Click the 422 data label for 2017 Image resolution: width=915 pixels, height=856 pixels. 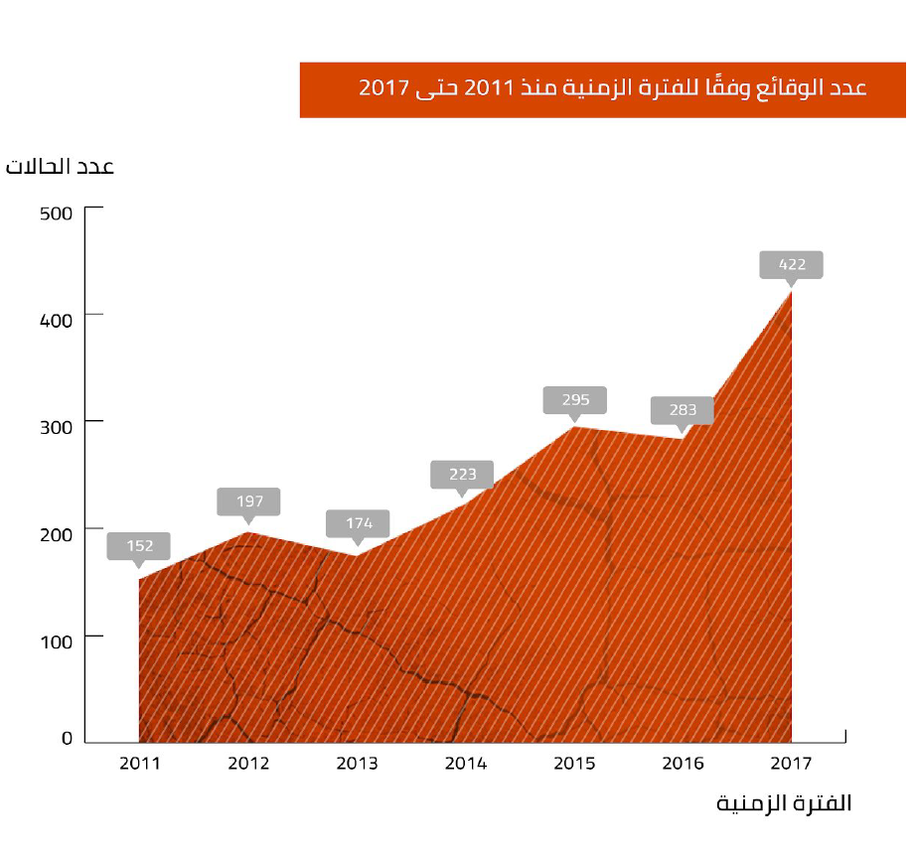[x=792, y=265]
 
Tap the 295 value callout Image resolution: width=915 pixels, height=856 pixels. [x=575, y=400]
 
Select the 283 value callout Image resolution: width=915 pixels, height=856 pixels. [x=683, y=409]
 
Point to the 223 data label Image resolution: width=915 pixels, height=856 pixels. [x=462, y=474]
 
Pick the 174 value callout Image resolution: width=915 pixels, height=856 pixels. [x=358, y=522]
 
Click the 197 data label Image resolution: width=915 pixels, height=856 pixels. [x=248, y=501]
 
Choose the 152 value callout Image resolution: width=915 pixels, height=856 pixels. [x=139, y=545]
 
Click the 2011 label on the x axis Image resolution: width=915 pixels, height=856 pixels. [x=139, y=764]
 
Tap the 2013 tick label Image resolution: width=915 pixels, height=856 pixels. [x=357, y=764]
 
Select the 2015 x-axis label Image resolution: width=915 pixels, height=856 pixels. [x=574, y=764]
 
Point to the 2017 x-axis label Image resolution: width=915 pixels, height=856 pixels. [x=792, y=764]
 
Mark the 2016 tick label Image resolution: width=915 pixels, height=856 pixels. [x=683, y=764]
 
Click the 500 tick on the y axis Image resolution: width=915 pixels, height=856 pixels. [x=56, y=212]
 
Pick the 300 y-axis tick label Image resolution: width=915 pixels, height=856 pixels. [x=56, y=426]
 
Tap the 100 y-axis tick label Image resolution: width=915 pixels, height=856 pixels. [x=56, y=641]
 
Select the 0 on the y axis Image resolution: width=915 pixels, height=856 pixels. [x=68, y=738]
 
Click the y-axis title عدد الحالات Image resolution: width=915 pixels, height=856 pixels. [x=61, y=166]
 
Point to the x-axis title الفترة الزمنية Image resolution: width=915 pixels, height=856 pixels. [x=784, y=803]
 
